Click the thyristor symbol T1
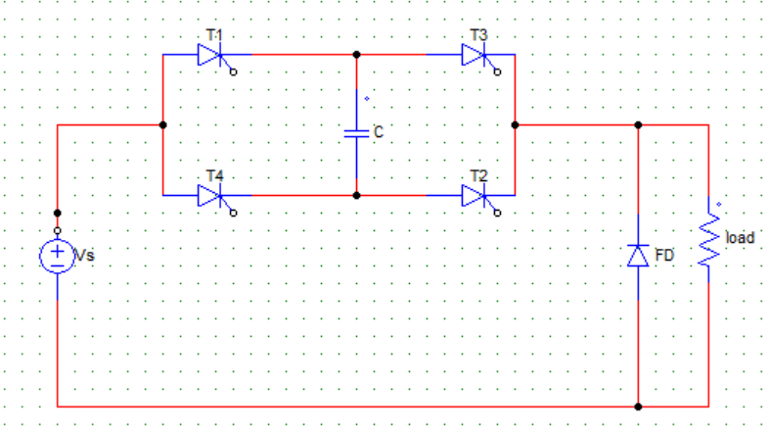click(x=210, y=55)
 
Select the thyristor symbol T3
click(x=474, y=55)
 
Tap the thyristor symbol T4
click(x=210, y=196)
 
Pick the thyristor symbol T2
click(x=474, y=196)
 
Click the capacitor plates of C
click(x=356, y=133)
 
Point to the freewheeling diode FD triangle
click(x=638, y=256)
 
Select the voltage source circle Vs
click(x=58, y=256)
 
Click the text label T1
click(x=214, y=35)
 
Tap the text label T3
click(x=478, y=35)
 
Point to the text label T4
click(x=214, y=176)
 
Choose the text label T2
click(x=478, y=176)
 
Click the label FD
click(x=664, y=255)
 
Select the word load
click(x=740, y=238)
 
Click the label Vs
click(x=84, y=255)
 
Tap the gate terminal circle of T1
click(x=233, y=72)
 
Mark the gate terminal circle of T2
click(x=497, y=214)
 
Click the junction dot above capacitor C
click(x=356, y=55)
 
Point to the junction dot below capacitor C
click(x=356, y=196)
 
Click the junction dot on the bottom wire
click(x=638, y=407)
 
